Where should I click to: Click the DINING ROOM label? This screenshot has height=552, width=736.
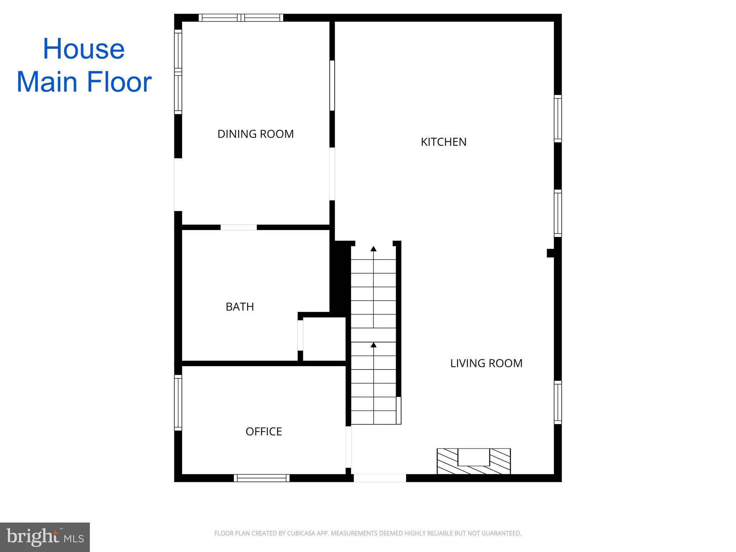coord(256,134)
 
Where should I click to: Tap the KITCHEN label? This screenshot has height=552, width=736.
coord(443,142)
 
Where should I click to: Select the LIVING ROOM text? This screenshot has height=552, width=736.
coord(486,363)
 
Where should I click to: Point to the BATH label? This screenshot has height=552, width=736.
coord(240,307)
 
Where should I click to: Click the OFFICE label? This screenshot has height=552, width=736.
coord(263,431)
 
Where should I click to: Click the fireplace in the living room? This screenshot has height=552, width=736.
coord(474,461)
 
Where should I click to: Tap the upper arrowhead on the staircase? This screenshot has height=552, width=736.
coord(373,249)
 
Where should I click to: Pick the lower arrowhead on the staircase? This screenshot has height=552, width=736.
coord(373,345)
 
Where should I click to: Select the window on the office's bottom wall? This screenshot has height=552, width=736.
coord(262,478)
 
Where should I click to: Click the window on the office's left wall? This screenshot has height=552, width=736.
coord(178,402)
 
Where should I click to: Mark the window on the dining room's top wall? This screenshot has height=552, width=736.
coord(241,18)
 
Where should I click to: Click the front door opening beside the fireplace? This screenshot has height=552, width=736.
coord(380,478)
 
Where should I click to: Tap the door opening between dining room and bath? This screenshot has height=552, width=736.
coord(239,227)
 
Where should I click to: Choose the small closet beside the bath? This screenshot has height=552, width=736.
coord(324,339)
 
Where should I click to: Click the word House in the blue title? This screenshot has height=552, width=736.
coord(84,49)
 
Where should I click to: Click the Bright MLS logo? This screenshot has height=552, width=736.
coord(45,537)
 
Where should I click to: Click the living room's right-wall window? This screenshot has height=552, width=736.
coord(557,402)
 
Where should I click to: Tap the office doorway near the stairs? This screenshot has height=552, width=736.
coord(348,447)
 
